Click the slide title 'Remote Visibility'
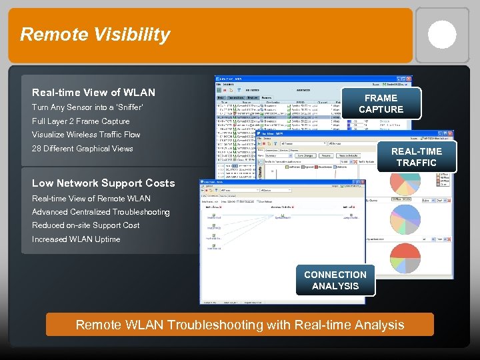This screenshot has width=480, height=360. (x=95, y=35)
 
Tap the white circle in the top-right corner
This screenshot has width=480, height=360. (x=442, y=35)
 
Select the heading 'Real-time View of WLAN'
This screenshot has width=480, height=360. (x=93, y=93)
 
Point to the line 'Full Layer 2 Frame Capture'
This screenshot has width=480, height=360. (x=81, y=121)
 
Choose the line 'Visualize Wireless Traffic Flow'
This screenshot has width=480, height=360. (x=86, y=135)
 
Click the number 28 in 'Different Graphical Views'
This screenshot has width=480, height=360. (x=37, y=149)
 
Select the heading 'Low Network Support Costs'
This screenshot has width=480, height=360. (x=103, y=183)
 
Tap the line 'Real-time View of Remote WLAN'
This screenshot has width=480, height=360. (x=91, y=199)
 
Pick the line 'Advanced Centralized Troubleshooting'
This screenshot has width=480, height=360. (x=101, y=212)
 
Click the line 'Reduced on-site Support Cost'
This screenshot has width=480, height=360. (x=85, y=225)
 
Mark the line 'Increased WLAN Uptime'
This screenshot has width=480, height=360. (x=76, y=239)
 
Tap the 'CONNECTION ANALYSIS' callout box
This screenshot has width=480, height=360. (x=335, y=280)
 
